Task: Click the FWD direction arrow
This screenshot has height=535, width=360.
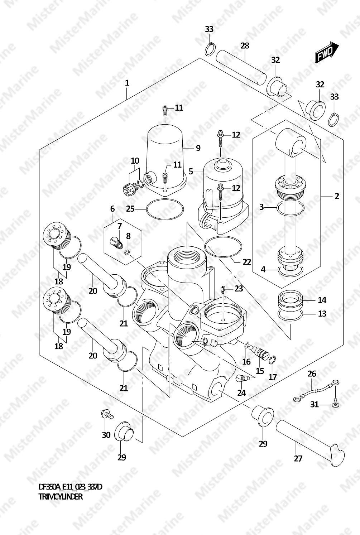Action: click(327, 52)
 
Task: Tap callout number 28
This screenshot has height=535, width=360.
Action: click(245, 45)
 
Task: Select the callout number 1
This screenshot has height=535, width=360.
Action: click(127, 83)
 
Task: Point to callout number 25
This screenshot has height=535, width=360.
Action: click(130, 209)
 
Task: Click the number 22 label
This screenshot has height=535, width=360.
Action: click(247, 262)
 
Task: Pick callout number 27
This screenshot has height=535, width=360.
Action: click(298, 458)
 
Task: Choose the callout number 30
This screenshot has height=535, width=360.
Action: click(106, 435)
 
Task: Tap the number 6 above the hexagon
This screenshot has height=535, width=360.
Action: click(112, 209)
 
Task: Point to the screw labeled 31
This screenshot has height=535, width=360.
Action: click(335, 405)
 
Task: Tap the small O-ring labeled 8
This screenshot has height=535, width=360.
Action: click(127, 252)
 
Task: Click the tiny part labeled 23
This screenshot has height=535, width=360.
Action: click(223, 289)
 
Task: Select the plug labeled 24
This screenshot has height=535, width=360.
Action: click(242, 378)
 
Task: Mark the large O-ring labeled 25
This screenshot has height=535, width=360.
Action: click(165, 209)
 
